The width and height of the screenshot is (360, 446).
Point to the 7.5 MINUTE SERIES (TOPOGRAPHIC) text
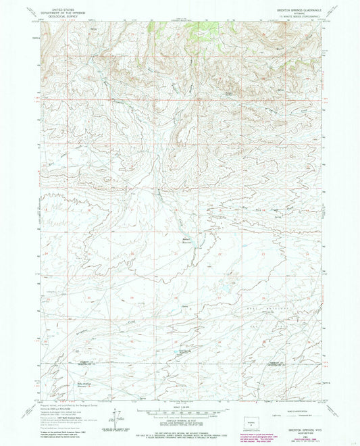(x=308, y=16)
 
